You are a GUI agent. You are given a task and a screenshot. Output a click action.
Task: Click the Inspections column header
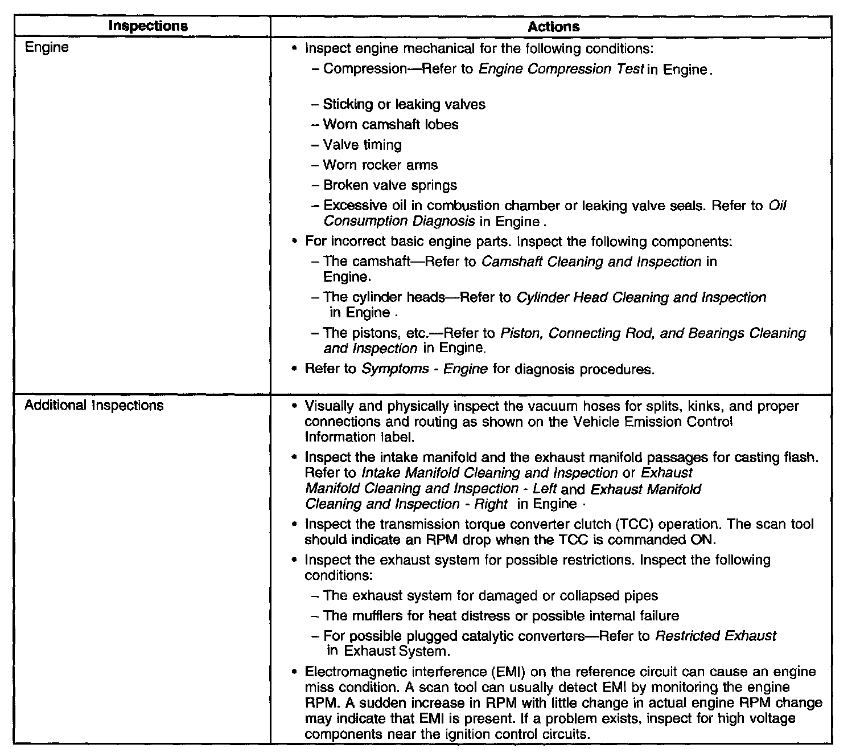[x=147, y=26]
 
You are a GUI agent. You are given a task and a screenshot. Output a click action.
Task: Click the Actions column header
[x=553, y=27]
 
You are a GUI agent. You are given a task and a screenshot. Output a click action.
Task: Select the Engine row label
[x=47, y=47]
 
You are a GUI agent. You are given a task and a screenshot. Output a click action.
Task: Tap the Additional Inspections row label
[x=94, y=406]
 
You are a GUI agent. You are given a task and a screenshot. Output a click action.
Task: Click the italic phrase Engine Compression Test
[x=561, y=70]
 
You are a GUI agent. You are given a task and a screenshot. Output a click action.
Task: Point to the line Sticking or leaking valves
[x=404, y=104]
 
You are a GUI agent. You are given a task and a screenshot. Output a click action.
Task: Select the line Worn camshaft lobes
[x=390, y=125]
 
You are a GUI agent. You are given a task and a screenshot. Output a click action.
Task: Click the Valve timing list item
[x=362, y=145]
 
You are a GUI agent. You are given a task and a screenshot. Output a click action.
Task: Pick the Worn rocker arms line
[x=380, y=165]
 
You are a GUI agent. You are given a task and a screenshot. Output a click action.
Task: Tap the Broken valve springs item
[x=390, y=186]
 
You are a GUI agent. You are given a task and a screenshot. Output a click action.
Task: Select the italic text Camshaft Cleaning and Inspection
[x=591, y=262]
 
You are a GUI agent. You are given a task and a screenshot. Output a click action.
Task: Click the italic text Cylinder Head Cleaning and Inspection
[x=641, y=297]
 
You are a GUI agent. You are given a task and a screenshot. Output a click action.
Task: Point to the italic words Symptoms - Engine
[x=425, y=369]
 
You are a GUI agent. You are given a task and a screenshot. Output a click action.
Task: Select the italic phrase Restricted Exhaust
[x=715, y=636]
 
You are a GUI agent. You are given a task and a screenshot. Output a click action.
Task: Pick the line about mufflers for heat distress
[x=501, y=616]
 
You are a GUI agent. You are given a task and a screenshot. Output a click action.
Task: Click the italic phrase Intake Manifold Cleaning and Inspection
[x=489, y=473]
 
